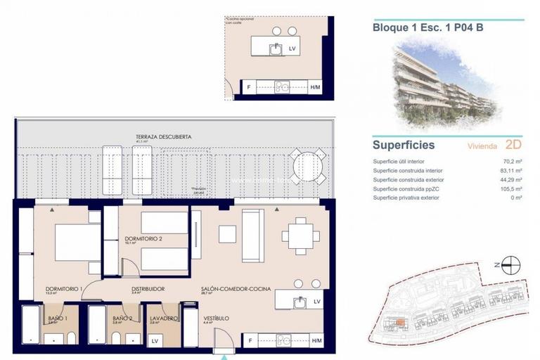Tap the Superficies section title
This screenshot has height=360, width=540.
[x=404, y=146]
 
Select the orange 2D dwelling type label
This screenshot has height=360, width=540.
[x=514, y=146]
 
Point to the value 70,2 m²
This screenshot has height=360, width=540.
[x=511, y=162]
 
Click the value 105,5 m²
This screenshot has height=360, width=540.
[x=510, y=189]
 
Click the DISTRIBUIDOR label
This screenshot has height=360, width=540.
[x=148, y=289]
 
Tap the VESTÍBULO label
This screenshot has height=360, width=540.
[x=217, y=319]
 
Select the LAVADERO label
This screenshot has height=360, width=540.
[x=164, y=319]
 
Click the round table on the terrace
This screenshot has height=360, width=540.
[x=309, y=167]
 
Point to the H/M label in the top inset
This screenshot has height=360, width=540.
[x=315, y=87]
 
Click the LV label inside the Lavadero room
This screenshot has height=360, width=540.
[x=155, y=341]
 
